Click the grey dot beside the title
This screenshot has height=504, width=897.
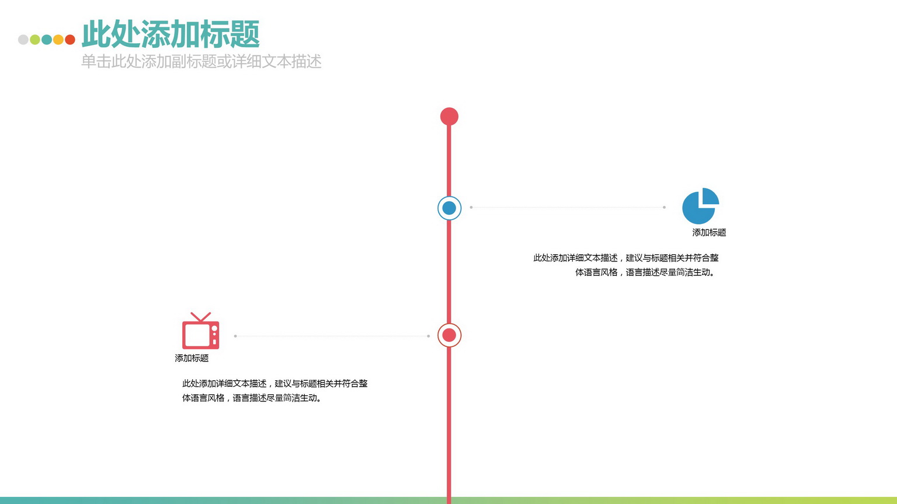pos(23,40)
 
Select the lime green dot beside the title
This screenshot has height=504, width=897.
pos(35,40)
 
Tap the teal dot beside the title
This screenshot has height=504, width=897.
pos(47,40)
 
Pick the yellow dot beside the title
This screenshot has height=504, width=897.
pos(58,40)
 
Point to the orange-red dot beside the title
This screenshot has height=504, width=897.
pos(70,40)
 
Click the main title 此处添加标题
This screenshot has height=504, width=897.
pos(171,34)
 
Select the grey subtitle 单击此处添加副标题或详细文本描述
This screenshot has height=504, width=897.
pos(201,62)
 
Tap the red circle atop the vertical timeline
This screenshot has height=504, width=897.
pos(449,117)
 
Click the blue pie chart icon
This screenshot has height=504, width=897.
pos(701,206)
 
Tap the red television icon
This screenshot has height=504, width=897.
pos(201,330)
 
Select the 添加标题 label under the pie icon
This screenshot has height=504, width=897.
pos(709,233)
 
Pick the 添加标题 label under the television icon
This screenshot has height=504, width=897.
pos(192,358)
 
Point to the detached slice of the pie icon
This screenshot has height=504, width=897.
pos(710,196)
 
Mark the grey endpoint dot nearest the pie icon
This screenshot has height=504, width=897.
pos(665,207)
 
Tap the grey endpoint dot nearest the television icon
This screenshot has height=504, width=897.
pos(235,336)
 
